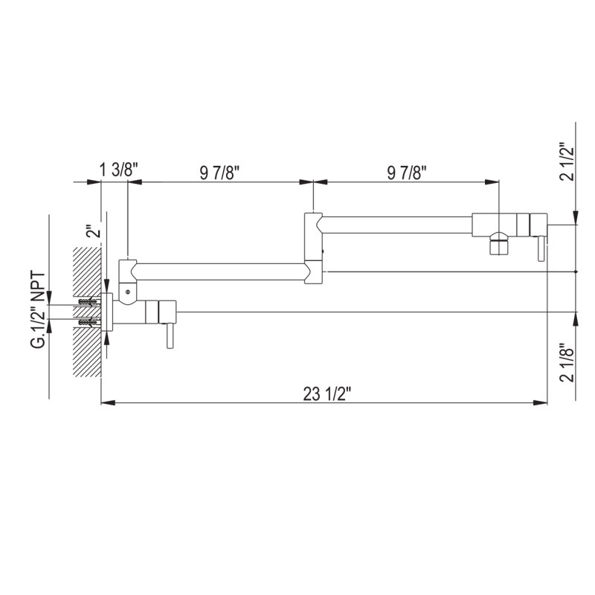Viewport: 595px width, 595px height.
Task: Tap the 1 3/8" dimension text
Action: (115, 170)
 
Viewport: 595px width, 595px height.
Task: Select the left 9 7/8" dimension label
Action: (219, 173)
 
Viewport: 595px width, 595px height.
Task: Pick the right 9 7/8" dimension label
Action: (407, 173)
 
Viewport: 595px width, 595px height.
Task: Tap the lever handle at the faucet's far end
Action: (541, 248)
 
